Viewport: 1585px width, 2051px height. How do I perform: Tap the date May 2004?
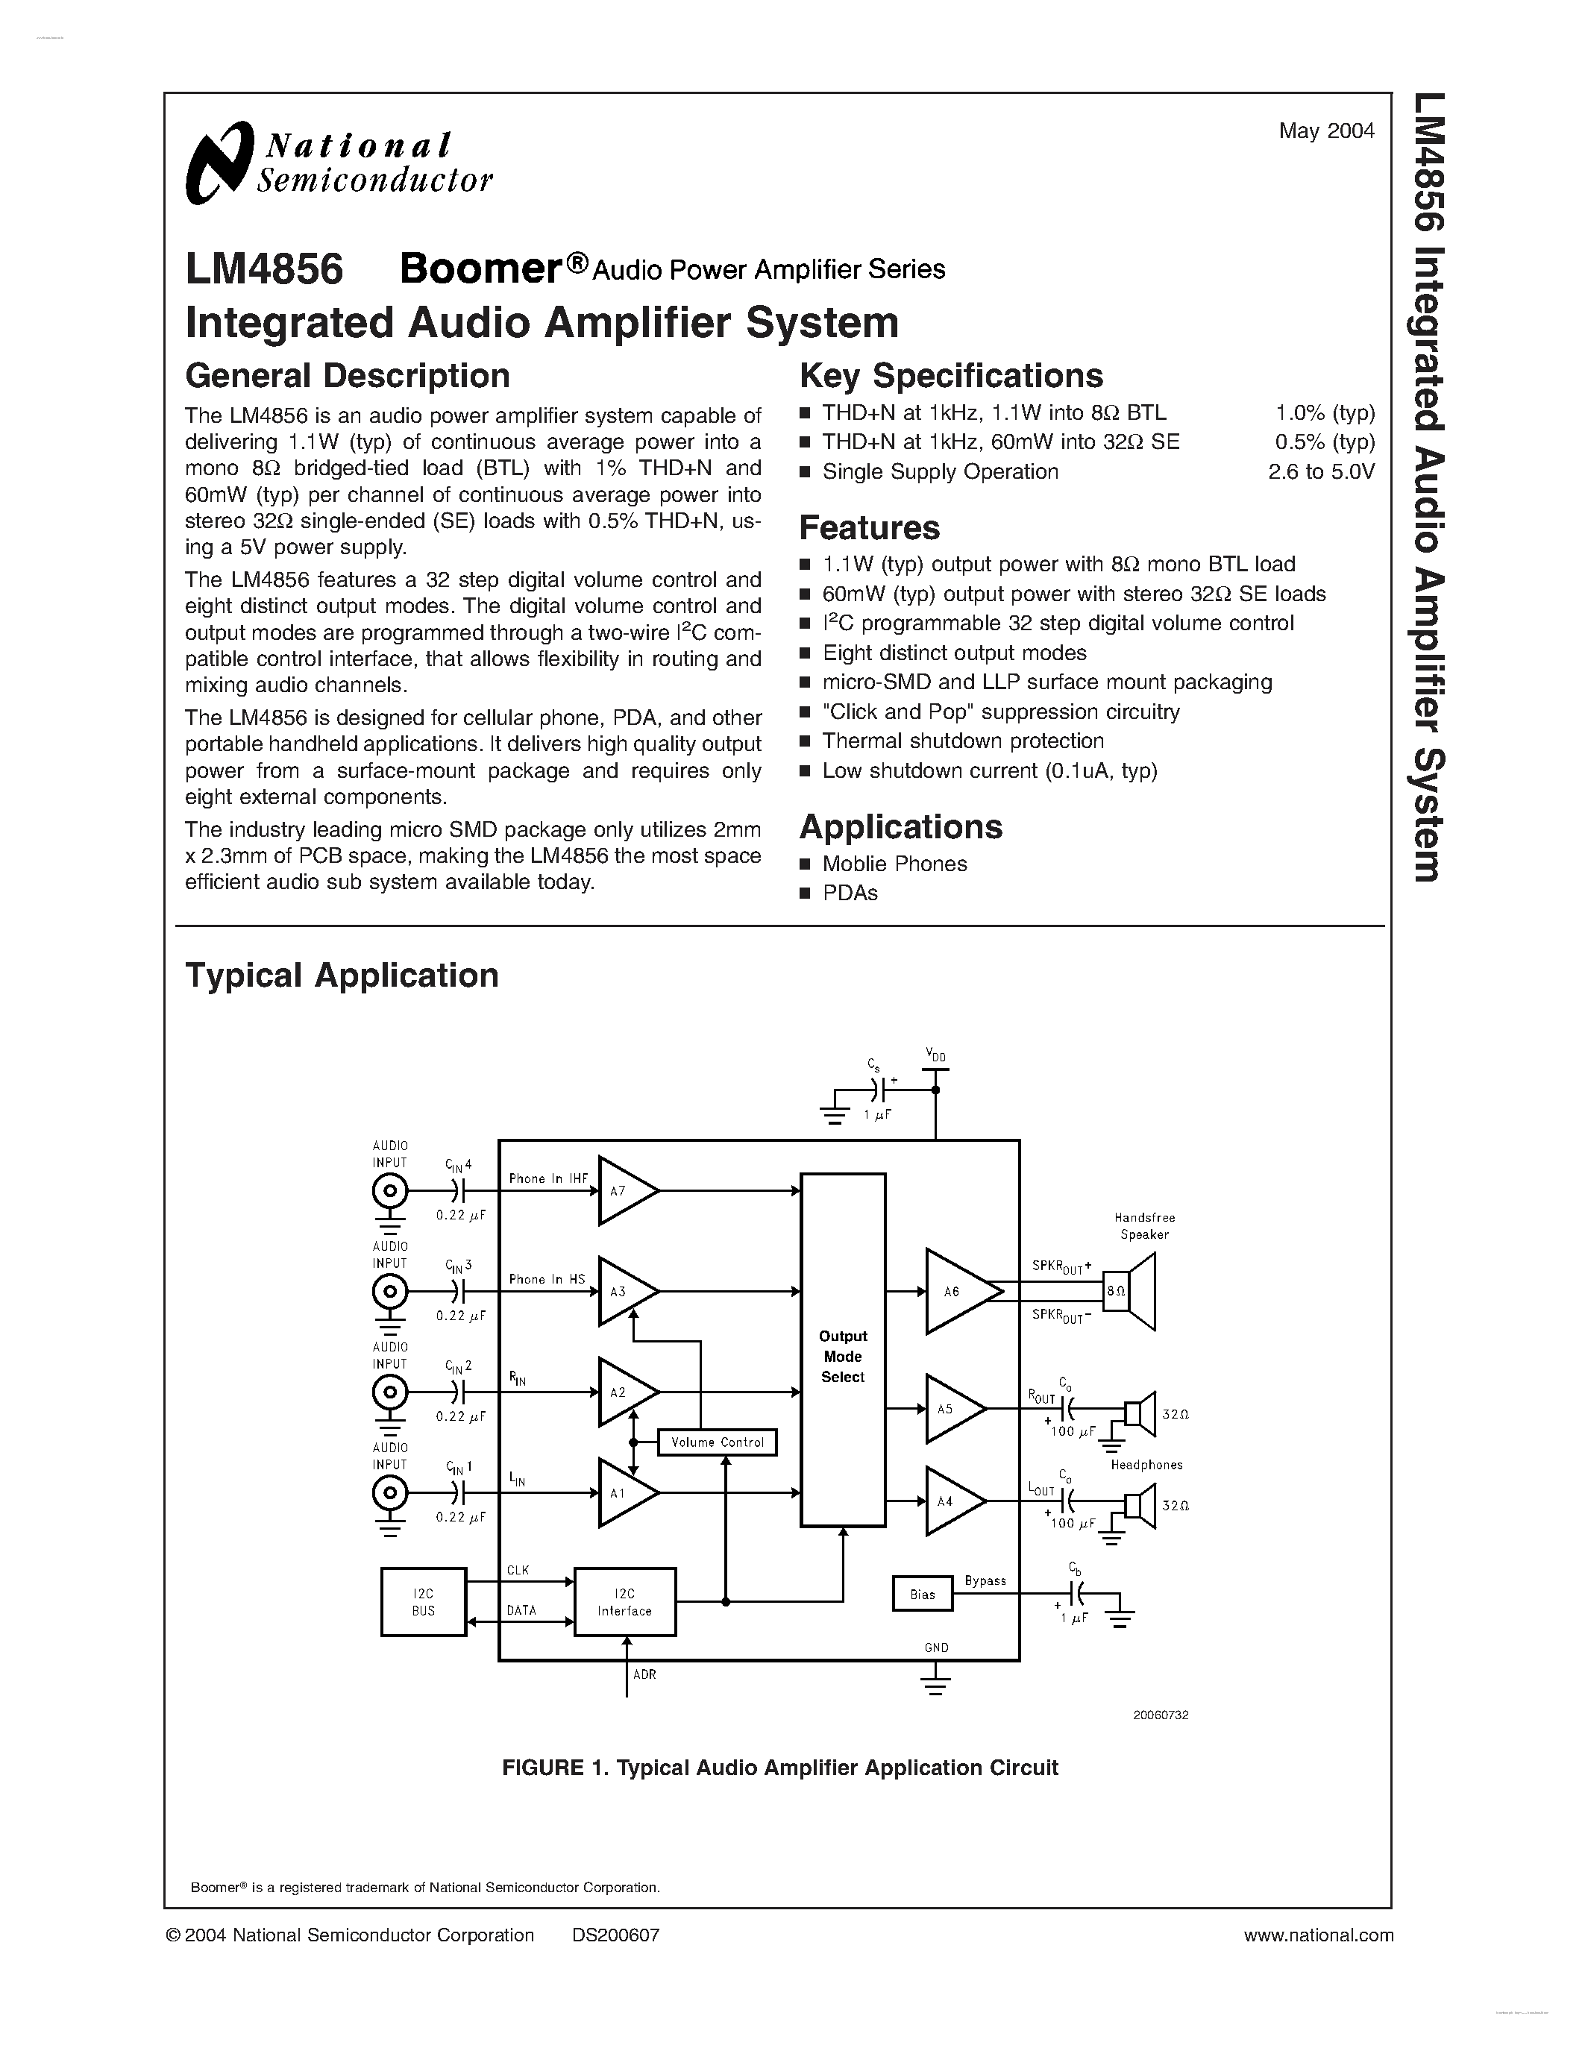coord(1326,131)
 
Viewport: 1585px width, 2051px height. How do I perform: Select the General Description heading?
coord(348,376)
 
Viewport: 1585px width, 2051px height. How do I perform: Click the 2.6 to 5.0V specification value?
coord(1321,471)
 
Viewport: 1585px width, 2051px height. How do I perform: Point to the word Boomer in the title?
coord(481,269)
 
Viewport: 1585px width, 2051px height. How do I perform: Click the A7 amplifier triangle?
coord(624,1191)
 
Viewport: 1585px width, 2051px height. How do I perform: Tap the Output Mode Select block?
coord(842,1356)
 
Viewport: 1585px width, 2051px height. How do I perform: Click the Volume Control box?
coord(718,1442)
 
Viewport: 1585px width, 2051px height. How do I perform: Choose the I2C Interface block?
coord(624,1602)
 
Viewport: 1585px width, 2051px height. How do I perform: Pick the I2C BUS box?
coord(424,1602)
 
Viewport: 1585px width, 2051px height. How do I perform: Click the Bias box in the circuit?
coord(922,1595)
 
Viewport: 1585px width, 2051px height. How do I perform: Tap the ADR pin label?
coord(644,1674)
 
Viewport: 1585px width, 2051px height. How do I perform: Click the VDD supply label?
coord(935,1055)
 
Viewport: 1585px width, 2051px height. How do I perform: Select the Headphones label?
coord(1146,1464)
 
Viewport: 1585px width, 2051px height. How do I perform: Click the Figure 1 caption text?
coord(779,1768)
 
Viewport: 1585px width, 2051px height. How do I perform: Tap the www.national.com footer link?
coord(1318,1935)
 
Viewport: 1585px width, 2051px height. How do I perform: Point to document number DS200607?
coord(615,1935)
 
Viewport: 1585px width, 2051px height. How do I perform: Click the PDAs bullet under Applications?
coord(850,893)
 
